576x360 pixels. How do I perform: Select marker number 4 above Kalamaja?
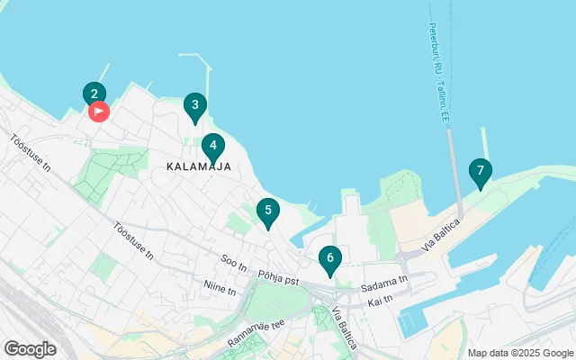coord(212,145)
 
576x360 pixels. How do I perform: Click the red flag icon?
coord(99,112)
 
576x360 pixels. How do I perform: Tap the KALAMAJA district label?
coord(199,166)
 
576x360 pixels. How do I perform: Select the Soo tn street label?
coord(233,263)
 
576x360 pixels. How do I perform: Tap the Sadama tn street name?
coord(384,282)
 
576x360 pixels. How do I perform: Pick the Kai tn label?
coord(382,299)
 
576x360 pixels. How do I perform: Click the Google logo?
coord(31,348)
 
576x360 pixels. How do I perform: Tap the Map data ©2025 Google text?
coord(519,353)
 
